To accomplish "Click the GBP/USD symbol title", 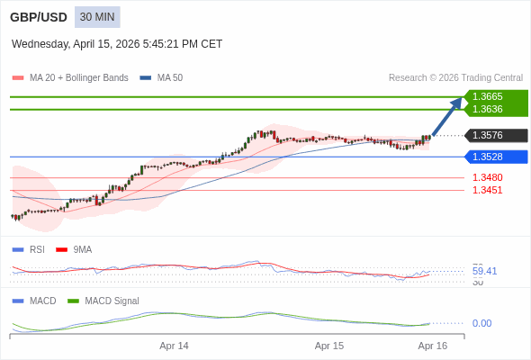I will pyautogui.click(x=38, y=17).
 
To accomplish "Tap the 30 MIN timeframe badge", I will pyautogui.click(x=97, y=17).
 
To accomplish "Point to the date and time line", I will pyautogui.click(x=117, y=44).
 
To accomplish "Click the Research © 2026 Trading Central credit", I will pyautogui.click(x=455, y=77).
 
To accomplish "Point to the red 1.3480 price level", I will pyautogui.click(x=487, y=177).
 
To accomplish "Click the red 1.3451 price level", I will pyautogui.click(x=487, y=190).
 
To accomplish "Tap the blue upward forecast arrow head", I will pyautogui.click(x=456, y=103).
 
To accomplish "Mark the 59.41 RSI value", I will pyautogui.click(x=484, y=271).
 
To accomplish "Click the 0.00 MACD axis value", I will pyautogui.click(x=481, y=323).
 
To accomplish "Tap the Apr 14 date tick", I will pyautogui.click(x=174, y=346).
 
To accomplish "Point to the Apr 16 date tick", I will pyautogui.click(x=433, y=346).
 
